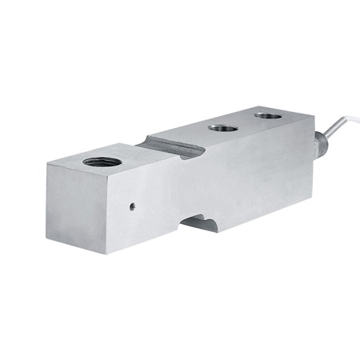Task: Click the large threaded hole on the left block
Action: pyautogui.click(x=102, y=162)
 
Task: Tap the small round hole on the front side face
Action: pyautogui.click(x=132, y=205)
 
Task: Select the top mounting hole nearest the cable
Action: pyautogui.click(x=268, y=115)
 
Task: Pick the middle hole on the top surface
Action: pyautogui.click(x=223, y=126)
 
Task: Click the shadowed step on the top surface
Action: pyautogui.click(x=170, y=146)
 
